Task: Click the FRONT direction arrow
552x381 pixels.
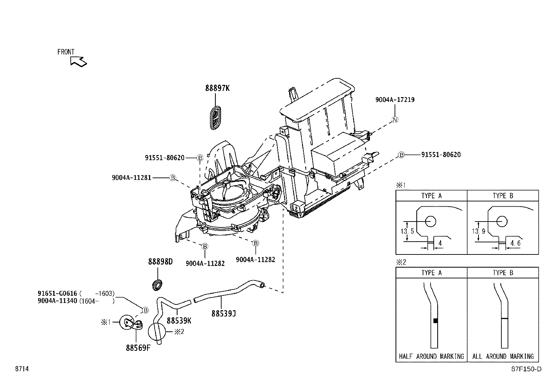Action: [78, 61]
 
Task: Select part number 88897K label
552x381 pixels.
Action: [217, 88]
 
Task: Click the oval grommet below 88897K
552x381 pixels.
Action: [216, 118]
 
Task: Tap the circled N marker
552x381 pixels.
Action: [395, 120]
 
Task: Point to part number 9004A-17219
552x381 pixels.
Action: [395, 99]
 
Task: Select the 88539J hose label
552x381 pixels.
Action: [224, 313]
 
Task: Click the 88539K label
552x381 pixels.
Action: [179, 320]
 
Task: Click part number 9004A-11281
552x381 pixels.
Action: [131, 178]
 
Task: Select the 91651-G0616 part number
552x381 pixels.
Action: [57, 293]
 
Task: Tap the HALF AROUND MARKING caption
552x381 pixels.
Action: [431, 356]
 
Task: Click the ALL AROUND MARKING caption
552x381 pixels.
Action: [503, 356]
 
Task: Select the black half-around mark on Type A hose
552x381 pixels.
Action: [435, 321]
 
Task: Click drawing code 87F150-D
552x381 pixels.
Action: [526, 369]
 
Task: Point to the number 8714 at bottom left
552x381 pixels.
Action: [21, 369]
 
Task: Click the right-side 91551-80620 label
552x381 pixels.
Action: [441, 155]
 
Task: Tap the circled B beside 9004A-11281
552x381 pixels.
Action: [173, 178]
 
